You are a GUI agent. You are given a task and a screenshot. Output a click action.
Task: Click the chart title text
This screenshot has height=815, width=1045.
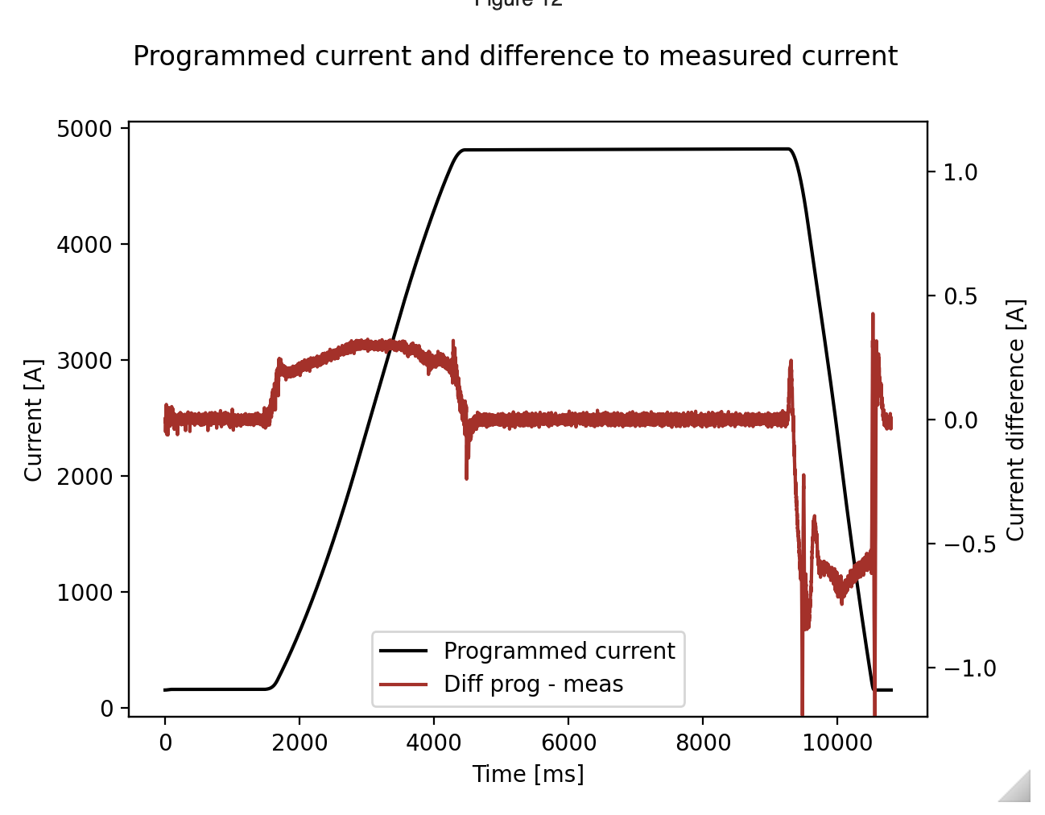[515, 56]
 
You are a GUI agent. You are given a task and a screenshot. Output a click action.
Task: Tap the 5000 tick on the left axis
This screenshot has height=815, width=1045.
[85, 129]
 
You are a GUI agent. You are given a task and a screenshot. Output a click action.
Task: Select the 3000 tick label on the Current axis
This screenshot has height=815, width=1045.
[85, 360]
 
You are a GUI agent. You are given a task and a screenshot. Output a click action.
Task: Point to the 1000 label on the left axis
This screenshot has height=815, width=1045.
[85, 592]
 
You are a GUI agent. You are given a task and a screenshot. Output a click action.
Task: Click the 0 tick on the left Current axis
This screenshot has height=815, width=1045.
[107, 708]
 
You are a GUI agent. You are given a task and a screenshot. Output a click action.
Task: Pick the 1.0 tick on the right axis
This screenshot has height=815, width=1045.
[960, 172]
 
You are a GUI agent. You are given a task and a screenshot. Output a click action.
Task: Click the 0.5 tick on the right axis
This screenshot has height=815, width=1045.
[960, 296]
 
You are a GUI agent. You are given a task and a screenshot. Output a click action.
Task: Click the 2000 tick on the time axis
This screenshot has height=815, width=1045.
[299, 742]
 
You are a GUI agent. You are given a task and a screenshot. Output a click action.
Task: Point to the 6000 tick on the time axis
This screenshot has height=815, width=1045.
[568, 742]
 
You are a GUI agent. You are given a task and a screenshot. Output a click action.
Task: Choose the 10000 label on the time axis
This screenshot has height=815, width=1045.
[836, 742]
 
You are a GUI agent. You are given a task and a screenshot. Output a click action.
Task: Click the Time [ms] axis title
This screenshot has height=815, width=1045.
[528, 774]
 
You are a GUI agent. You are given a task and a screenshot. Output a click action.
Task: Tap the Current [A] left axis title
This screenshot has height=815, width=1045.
[33, 420]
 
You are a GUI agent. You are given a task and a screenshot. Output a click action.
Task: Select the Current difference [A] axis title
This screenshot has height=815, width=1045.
[1016, 420]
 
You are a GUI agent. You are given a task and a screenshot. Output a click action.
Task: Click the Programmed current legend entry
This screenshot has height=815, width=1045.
[559, 651]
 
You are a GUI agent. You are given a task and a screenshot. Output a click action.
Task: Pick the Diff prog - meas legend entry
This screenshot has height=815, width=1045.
[533, 685]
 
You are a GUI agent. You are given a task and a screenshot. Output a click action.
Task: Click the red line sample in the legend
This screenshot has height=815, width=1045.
[403, 685]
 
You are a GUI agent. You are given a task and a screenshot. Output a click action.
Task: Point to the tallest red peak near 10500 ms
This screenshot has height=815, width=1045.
[873, 316]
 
